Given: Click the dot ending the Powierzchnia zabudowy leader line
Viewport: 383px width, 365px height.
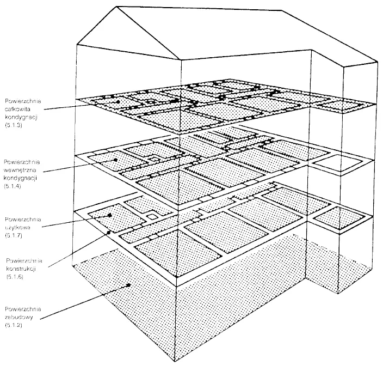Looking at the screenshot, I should [x=128, y=284].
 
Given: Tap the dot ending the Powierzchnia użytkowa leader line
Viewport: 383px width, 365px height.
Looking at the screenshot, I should [x=110, y=216].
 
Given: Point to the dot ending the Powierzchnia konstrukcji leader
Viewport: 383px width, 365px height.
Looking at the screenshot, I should [x=109, y=232].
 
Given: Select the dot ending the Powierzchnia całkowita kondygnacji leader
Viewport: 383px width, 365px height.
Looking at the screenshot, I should [x=118, y=101].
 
